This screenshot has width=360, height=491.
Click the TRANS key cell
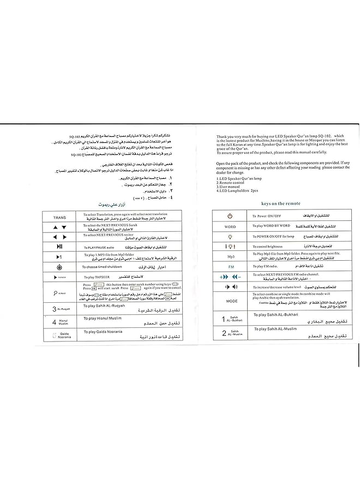point(59,217)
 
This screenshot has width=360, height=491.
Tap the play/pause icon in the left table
point(59,247)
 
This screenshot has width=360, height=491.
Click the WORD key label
point(230,226)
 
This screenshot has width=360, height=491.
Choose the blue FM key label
point(230,266)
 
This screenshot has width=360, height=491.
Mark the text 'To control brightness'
point(269,247)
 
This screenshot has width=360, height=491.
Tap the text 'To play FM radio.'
point(266,266)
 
